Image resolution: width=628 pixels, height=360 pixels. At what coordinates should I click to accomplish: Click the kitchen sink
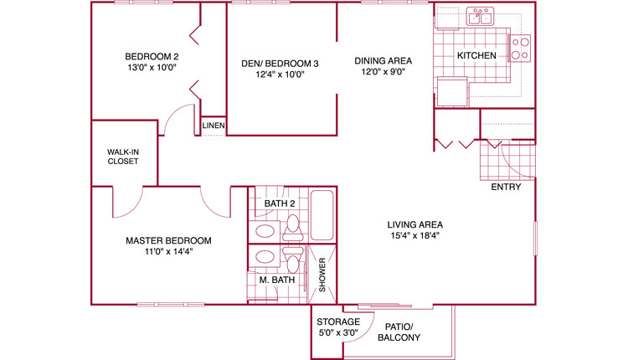[480, 17]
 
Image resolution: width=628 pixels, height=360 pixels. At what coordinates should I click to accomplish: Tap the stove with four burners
[520, 48]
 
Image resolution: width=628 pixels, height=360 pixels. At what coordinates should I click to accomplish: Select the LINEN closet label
[214, 126]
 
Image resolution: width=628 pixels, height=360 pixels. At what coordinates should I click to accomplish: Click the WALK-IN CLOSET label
[123, 157]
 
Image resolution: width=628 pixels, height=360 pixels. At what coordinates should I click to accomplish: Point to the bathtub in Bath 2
[322, 215]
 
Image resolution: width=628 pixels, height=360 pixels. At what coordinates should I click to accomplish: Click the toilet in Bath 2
[293, 228]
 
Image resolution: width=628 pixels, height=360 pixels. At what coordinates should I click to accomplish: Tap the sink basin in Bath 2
[265, 231]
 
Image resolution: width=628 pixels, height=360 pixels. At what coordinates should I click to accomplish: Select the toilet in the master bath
[293, 259]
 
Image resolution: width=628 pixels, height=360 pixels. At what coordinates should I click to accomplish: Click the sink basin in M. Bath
[265, 256]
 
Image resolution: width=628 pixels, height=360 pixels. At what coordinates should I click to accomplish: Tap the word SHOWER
[322, 275]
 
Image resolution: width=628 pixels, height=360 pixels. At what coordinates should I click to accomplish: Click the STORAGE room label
[338, 321]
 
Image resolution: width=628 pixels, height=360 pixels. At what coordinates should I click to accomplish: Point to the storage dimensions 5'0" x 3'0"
[338, 332]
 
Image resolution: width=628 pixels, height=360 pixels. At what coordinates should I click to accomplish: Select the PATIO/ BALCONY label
[399, 332]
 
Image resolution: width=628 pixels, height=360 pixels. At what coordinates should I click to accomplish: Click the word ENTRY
[507, 187]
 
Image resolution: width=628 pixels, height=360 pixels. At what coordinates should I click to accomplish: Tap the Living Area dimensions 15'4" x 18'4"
[415, 235]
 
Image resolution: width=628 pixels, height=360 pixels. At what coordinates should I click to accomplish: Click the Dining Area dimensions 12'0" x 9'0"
[383, 72]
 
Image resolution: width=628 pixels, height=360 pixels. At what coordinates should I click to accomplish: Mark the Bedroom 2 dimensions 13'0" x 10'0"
[152, 67]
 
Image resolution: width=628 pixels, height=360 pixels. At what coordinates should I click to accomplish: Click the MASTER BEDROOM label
[168, 240]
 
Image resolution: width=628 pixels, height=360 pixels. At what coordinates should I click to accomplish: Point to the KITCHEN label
[476, 55]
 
